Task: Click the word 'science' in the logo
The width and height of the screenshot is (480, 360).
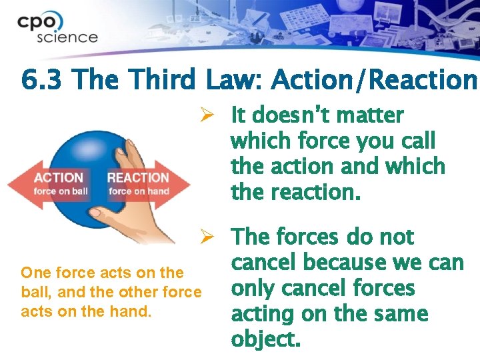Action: (x=67, y=37)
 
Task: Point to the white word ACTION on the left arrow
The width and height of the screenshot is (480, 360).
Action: (x=59, y=177)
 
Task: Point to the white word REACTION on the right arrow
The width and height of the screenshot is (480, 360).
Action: (x=139, y=177)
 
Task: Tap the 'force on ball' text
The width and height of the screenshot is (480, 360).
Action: (x=61, y=192)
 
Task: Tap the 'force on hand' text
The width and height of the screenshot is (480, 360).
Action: (x=139, y=192)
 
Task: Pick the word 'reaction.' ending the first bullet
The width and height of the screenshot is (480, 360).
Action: (x=295, y=193)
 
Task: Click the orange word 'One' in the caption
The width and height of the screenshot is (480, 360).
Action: (x=35, y=273)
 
